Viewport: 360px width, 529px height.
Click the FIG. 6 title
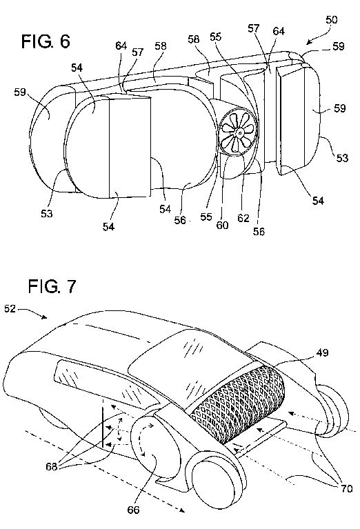(x=46, y=41)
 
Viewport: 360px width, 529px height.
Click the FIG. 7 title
(x=52, y=286)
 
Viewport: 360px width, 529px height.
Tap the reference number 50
(x=331, y=20)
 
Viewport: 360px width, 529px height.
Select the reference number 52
(x=10, y=309)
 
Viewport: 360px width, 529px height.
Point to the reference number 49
(x=323, y=353)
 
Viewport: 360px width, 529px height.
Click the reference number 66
(x=133, y=510)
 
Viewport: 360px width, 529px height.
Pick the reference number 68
(x=52, y=467)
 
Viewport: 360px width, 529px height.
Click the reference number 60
(x=222, y=225)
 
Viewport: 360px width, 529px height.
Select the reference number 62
(x=243, y=218)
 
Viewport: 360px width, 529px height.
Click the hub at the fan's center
(x=239, y=132)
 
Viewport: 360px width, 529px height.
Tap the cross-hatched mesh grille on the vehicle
(x=238, y=403)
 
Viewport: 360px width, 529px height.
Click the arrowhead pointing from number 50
(x=310, y=42)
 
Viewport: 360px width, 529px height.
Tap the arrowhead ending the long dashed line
(x=181, y=510)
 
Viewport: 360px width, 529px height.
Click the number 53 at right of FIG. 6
(x=342, y=158)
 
